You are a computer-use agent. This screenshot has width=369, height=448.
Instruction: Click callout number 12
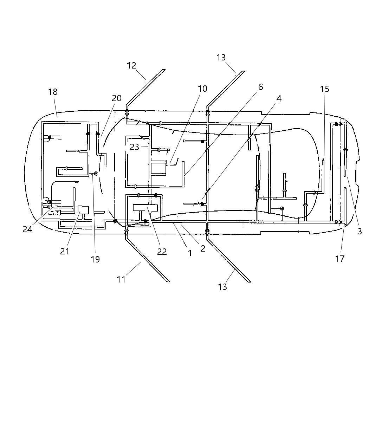[x=131, y=66]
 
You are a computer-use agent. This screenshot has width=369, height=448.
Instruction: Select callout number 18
[x=53, y=92]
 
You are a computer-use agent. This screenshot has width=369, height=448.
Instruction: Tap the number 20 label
[x=117, y=98]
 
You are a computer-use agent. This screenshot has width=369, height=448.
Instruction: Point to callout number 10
[x=202, y=89]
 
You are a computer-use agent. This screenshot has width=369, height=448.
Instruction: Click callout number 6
[x=260, y=87]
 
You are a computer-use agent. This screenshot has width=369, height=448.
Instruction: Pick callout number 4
[x=279, y=99]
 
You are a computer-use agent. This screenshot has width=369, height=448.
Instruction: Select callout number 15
[x=325, y=89]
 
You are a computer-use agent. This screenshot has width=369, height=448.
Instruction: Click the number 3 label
[x=360, y=232]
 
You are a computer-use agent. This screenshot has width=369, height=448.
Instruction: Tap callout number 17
[x=340, y=259]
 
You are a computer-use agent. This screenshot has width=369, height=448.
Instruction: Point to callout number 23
[x=134, y=147]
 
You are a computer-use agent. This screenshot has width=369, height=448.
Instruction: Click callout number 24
[x=27, y=229]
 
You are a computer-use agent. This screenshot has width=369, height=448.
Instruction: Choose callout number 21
[x=65, y=252]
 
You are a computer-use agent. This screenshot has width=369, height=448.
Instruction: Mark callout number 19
[x=95, y=259]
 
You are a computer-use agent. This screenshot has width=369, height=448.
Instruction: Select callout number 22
[x=162, y=252]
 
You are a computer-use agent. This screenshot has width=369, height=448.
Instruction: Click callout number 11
[x=121, y=279]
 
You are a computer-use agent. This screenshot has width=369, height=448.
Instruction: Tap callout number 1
[x=190, y=253]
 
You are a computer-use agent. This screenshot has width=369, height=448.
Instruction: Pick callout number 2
[x=203, y=248]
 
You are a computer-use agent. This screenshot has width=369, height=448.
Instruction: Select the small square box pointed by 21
[x=83, y=210]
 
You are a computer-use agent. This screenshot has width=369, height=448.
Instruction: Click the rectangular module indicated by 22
[x=145, y=207]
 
